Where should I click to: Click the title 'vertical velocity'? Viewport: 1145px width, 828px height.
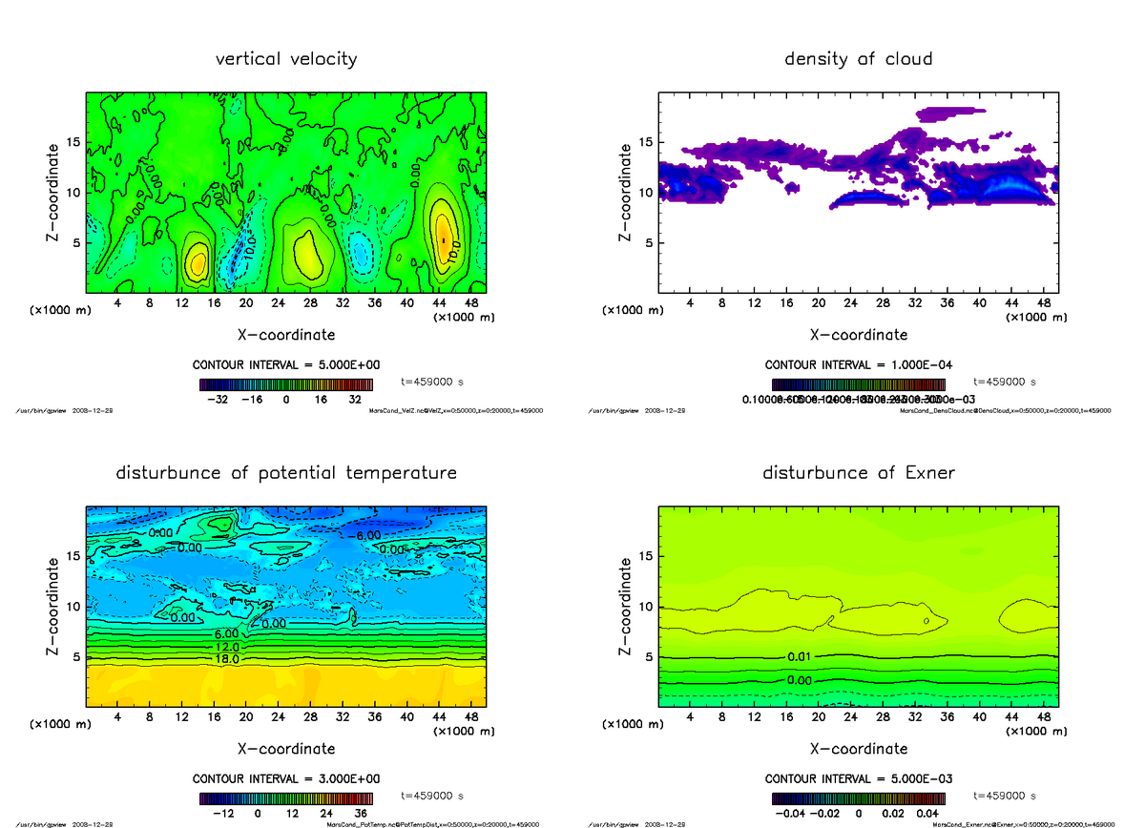pyautogui.click(x=286, y=59)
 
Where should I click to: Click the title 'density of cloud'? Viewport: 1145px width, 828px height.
pyautogui.click(x=858, y=59)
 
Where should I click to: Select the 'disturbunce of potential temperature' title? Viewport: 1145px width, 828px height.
pyautogui.click(x=286, y=473)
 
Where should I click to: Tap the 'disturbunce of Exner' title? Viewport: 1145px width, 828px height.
pyautogui.click(x=858, y=473)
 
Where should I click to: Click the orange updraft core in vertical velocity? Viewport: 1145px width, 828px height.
pyautogui.click(x=442, y=234)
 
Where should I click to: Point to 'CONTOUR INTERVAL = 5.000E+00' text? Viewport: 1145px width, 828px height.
pyautogui.click(x=286, y=365)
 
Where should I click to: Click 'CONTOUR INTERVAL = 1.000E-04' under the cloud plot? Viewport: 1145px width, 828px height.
pyautogui.click(x=858, y=365)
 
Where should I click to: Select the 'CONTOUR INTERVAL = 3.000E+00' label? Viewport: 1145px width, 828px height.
pyautogui.click(x=286, y=779)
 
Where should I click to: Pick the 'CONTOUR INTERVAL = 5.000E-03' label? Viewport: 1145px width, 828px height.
pyautogui.click(x=858, y=779)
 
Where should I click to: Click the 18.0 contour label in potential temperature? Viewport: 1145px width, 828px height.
pyautogui.click(x=226, y=658)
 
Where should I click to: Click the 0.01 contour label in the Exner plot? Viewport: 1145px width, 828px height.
pyautogui.click(x=800, y=656)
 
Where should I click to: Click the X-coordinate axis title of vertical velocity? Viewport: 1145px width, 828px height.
pyautogui.click(x=286, y=335)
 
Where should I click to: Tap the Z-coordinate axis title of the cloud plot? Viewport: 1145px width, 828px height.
pyautogui.click(x=625, y=192)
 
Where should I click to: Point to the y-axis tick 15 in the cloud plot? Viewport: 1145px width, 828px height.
pyautogui.click(x=645, y=142)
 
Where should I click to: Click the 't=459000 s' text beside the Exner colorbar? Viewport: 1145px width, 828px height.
pyautogui.click(x=1004, y=796)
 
